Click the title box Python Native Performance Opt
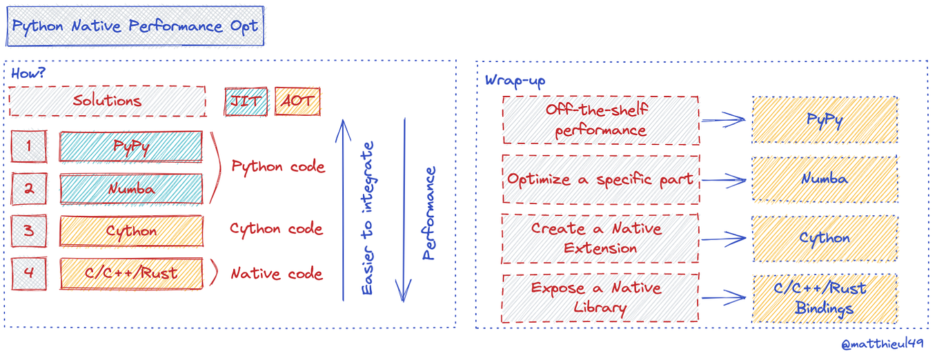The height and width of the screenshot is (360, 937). point(135,27)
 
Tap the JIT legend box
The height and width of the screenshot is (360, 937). point(246,101)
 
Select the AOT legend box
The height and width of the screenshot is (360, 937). point(297,101)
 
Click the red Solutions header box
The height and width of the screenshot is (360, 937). point(107,101)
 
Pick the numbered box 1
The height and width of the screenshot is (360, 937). point(29,146)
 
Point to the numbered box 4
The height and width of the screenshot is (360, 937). point(29,272)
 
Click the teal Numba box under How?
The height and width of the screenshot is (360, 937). point(131,188)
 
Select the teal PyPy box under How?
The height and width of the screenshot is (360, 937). point(131,147)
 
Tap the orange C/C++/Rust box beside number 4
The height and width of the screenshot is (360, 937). point(131,272)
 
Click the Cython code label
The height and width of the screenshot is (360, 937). point(276,229)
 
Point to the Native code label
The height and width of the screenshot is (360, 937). point(276,274)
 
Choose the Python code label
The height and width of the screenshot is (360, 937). point(278,167)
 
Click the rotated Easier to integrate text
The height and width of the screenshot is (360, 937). point(368,219)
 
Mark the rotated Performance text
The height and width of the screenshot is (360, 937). point(429,213)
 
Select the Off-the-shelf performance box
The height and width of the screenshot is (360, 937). point(600,120)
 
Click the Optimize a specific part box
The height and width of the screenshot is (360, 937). point(600,179)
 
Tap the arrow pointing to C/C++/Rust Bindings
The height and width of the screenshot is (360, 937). point(724,298)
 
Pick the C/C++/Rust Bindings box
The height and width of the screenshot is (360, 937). point(825,298)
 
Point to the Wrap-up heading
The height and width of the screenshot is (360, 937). point(515,81)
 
